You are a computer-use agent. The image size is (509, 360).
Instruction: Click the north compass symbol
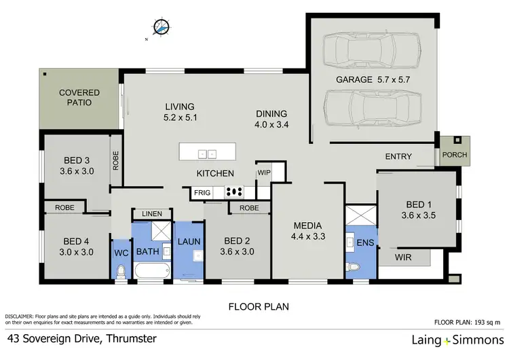tap(160, 27)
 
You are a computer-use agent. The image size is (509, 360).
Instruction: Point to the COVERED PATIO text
tap(79, 97)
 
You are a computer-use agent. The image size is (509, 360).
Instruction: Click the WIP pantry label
tap(263, 173)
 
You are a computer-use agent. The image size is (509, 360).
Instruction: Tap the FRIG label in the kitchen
tap(202, 193)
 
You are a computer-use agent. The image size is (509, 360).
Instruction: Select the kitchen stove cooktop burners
tap(235, 192)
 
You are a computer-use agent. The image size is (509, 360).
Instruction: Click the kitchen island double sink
tap(206, 154)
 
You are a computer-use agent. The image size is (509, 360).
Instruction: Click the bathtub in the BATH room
tap(151, 272)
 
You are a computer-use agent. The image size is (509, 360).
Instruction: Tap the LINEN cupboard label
tap(152, 214)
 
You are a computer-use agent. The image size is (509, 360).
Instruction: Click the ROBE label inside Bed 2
tap(249, 208)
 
